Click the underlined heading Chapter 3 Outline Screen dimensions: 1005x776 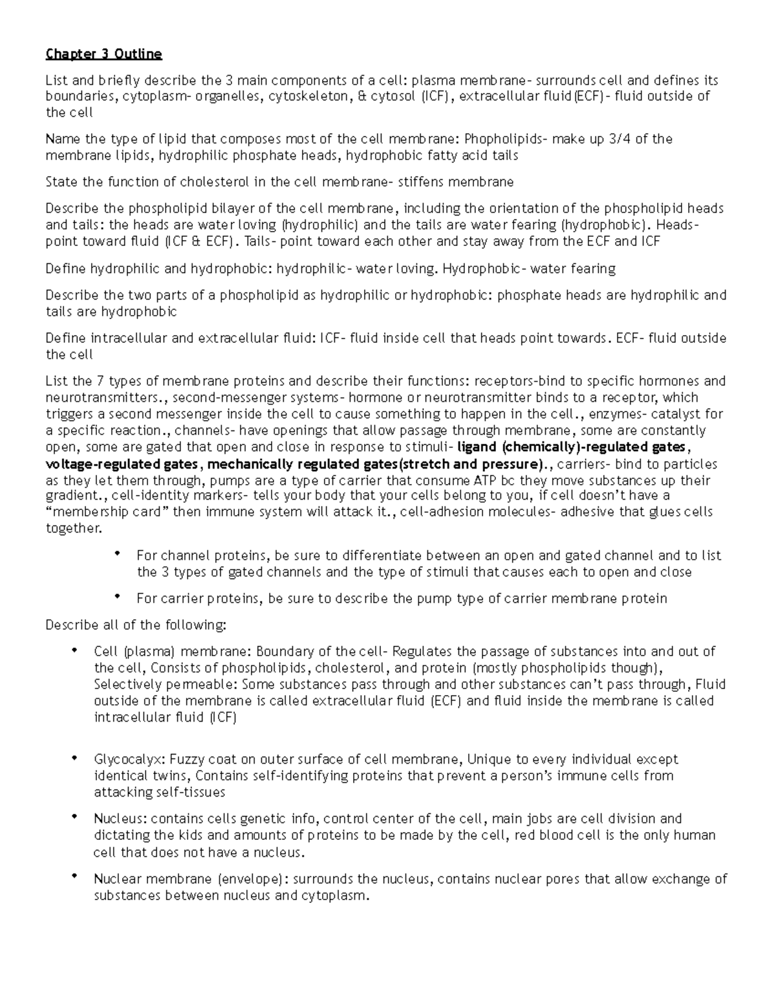coord(103,54)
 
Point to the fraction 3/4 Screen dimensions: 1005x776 coord(620,139)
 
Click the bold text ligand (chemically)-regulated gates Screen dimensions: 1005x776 coord(571,447)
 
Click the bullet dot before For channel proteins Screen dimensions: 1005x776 coord(117,553)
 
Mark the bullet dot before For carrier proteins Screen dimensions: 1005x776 coord(117,596)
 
